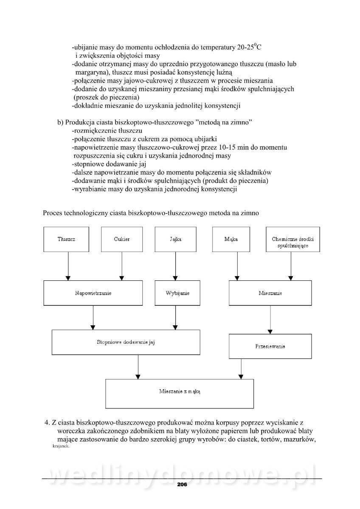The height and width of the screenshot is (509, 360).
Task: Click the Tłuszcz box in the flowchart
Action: point(67,239)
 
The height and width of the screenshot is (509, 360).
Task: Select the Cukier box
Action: point(122,239)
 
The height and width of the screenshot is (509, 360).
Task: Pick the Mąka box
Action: point(231,239)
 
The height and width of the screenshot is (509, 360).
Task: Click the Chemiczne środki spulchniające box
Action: point(293,239)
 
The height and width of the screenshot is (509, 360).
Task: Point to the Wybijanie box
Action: point(175,293)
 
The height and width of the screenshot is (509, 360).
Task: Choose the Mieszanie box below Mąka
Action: point(271,293)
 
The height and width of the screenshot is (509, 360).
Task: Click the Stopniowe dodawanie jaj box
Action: point(126,342)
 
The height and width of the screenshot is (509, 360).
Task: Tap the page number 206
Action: point(182,484)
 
